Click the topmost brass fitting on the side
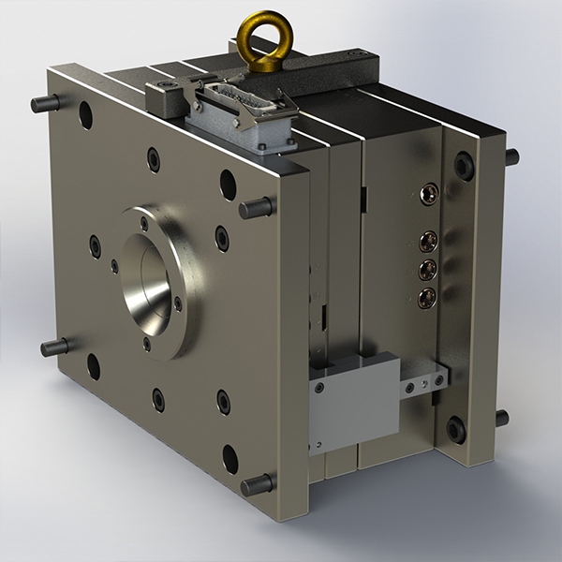429,194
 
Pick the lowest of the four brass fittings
427,299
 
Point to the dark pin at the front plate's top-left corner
45,103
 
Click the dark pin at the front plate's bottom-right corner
257,485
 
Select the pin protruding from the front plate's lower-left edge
55,348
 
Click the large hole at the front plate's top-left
85,115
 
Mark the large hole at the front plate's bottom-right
229,458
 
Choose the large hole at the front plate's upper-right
228,184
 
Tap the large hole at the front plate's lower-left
93,366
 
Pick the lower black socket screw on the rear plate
456,429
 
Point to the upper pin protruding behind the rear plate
510,156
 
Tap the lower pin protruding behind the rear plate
502,418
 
